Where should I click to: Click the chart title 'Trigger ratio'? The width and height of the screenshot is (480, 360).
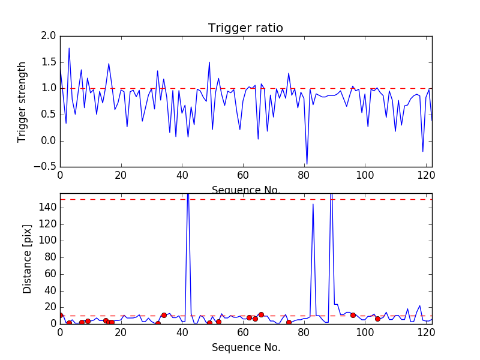click(x=245, y=28)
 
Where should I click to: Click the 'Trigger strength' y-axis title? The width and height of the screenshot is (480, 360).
click(x=22, y=101)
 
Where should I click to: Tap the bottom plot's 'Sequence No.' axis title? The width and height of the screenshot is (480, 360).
click(x=245, y=347)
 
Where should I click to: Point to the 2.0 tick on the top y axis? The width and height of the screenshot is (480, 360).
click(x=49, y=36)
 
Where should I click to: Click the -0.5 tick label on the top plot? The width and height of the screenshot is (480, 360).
click(x=46, y=167)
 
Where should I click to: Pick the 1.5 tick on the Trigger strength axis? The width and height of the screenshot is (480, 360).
click(x=49, y=62)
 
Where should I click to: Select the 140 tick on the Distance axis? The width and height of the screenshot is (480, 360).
click(x=48, y=208)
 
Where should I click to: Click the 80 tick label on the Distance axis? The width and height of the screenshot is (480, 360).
click(x=50, y=257)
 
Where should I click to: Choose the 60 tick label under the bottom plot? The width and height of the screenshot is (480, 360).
click(x=243, y=333)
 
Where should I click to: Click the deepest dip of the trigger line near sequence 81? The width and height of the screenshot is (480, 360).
click(x=307, y=163)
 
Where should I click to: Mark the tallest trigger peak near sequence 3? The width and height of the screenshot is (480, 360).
click(x=69, y=48)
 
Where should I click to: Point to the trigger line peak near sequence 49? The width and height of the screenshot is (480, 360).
click(x=209, y=62)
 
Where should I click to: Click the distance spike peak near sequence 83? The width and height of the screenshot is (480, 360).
click(x=313, y=204)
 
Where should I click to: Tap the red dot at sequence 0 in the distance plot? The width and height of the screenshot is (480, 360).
click(x=60, y=315)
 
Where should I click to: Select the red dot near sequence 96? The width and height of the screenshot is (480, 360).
click(x=353, y=315)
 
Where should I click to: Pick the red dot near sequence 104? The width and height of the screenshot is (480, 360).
click(x=377, y=319)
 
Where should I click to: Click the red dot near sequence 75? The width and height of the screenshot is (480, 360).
click(x=289, y=322)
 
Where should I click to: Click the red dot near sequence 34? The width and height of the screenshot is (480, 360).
click(x=164, y=315)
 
